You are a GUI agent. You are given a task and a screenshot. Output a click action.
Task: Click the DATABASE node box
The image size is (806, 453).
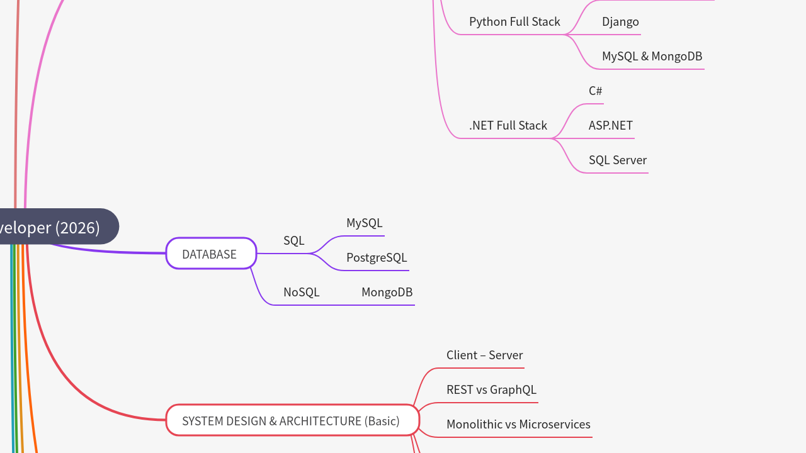point(211,254)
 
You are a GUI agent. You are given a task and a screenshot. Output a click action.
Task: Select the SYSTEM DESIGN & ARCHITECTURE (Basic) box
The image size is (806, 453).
point(292,420)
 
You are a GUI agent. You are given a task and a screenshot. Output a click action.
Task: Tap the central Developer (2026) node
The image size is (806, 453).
point(57,227)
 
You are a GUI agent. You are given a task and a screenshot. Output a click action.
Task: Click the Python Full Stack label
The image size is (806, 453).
point(514,22)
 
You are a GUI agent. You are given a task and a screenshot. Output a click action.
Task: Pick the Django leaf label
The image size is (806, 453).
point(620,22)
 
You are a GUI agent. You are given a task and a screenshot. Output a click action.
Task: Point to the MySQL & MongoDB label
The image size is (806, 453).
point(652,57)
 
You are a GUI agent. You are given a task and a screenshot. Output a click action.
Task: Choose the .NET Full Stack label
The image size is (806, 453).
point(508,126)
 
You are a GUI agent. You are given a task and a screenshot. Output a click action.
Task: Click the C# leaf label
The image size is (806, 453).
point(595,91)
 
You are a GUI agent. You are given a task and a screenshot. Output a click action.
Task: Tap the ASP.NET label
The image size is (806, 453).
point(610,126)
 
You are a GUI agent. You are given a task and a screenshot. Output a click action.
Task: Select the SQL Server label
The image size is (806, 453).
point(617,160)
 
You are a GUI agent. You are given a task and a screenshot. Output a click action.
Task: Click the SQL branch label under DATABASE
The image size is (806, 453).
point(293,241)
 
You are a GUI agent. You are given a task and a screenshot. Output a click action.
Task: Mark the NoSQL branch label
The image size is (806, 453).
point(301,293)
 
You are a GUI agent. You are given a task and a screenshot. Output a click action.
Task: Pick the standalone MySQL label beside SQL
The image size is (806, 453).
point(364,223)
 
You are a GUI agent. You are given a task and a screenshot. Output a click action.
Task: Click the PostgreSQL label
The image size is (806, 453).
point(377,258)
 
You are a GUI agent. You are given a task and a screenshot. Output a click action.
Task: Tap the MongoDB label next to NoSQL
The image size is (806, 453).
point(387,293)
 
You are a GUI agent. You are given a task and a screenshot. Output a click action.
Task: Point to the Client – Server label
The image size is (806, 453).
point(484,355)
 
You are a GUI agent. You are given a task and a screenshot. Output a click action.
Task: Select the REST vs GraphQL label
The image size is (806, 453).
point(491,390)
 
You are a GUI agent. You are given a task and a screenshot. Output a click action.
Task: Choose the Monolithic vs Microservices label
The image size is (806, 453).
point(518,425)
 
